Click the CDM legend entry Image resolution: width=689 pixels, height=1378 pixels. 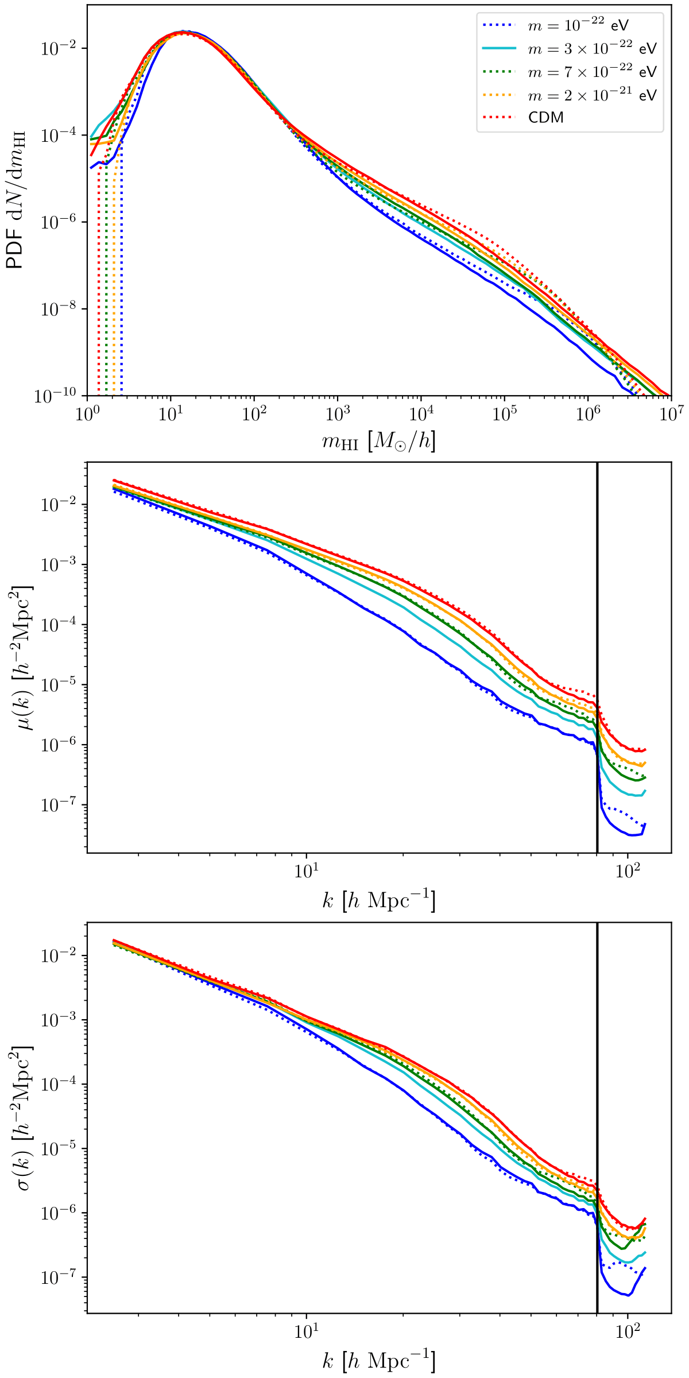click(545, 118)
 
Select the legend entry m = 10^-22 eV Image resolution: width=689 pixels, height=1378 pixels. click(578, 25)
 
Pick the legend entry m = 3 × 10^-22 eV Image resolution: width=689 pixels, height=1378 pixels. click(591, 49)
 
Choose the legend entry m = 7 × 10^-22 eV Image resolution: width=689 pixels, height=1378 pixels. click(591, 72)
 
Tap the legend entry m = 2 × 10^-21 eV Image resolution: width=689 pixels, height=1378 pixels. click(591, 95)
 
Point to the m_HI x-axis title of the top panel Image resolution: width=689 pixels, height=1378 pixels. click(379, 441)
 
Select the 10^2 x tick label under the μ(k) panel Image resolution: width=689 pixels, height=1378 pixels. click(628, 872)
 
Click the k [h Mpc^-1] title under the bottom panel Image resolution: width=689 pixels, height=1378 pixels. click(379, 1361)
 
